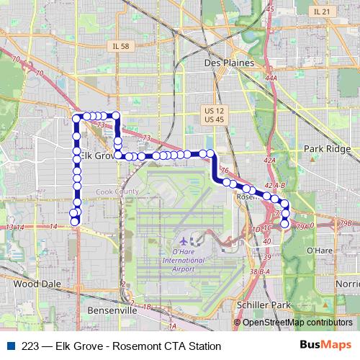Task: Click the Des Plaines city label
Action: [229, 63]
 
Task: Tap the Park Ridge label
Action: [327, 149]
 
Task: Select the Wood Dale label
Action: [32, 284]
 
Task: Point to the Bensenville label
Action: [112, 310]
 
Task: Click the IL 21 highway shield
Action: [321, 12]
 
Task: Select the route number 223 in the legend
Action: [30, 346]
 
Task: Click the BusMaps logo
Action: [327, 345]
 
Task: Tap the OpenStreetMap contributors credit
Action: [297, 323]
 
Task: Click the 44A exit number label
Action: [271, 77]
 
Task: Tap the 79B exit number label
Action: [347, 223]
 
